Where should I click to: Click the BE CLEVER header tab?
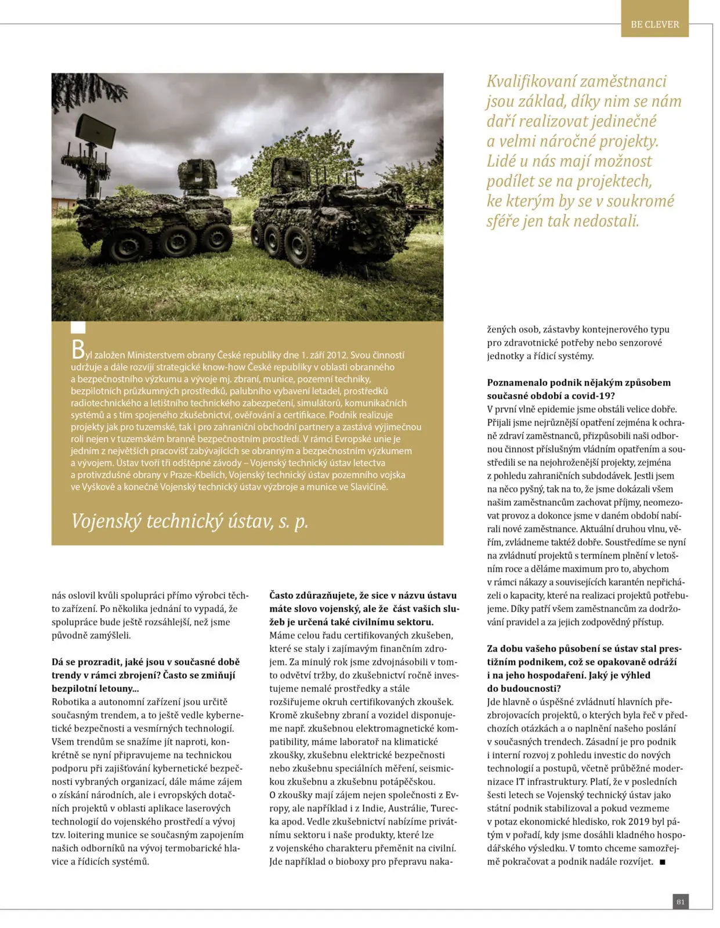(x=654, y=24)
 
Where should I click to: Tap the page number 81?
(x=681, y=901)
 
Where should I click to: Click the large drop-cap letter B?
(x=78, y=350)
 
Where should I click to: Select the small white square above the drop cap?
(x=78, y=328)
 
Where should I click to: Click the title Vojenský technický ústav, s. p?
(x=190, y=521)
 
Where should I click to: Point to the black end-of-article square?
(x=663, y=862)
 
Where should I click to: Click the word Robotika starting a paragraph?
(x=70, y=702)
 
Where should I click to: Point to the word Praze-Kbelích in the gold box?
(x=197, y=475)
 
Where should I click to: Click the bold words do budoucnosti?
(x=524, y=688)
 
